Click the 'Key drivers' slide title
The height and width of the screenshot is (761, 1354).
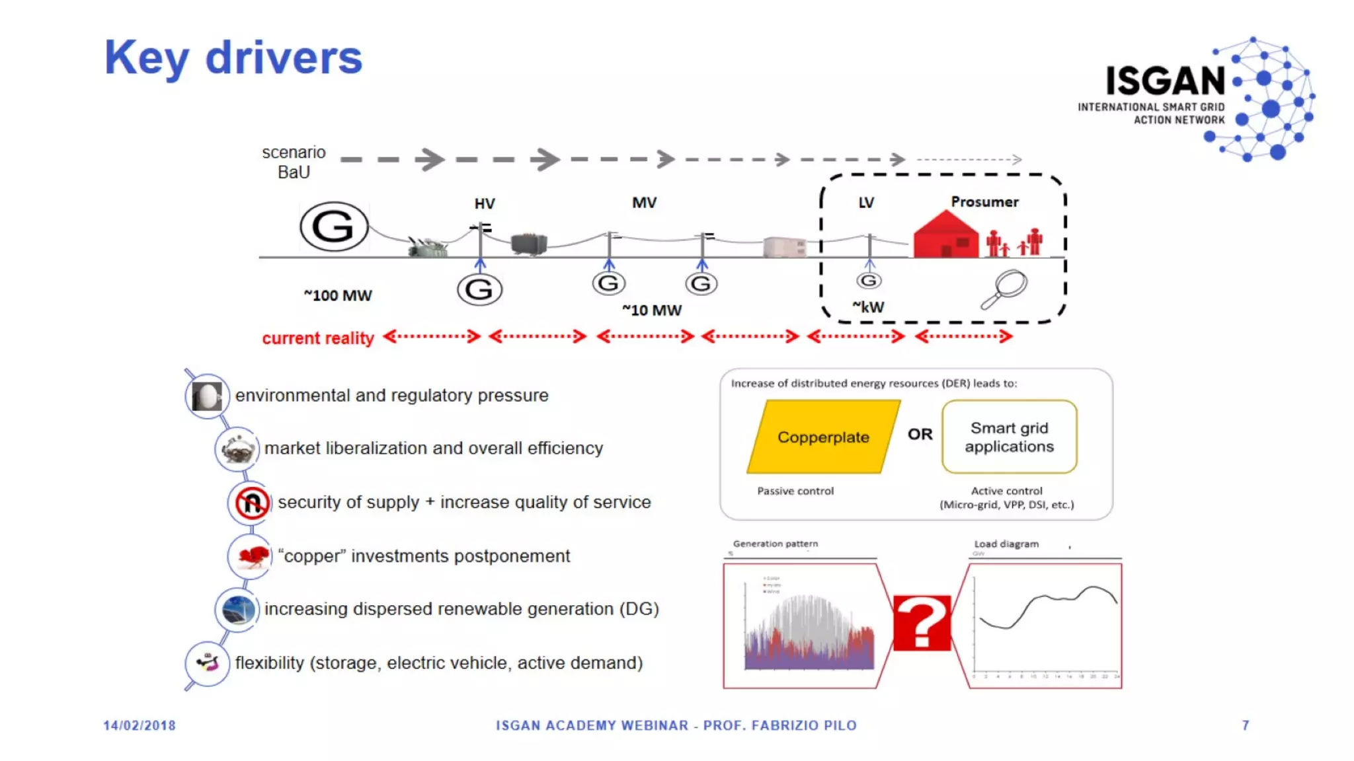coord(233,58)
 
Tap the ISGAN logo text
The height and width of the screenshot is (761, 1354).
coord(1165,81)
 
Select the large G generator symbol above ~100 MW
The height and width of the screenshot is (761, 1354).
coord(334,227)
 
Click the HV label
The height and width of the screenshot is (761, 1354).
coord(485,203)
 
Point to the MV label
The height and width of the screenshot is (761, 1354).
coord(644,203)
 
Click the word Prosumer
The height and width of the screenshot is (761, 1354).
coord(984,202)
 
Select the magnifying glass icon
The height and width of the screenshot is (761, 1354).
coord(1004,289)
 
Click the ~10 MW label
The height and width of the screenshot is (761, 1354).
coord(652,310)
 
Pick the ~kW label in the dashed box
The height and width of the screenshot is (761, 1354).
coord(868,307)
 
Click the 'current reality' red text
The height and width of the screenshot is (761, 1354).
coord(318,338)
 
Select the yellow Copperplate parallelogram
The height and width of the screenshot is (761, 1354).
coord(823,437)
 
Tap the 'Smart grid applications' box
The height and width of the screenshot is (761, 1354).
coord(1009,437)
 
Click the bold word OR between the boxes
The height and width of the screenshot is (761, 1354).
coord(920,434)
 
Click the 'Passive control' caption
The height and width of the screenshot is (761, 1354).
coord(795,491)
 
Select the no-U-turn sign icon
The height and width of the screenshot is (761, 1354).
coord(251,503)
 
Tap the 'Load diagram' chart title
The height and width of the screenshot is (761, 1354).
coord(1006,544)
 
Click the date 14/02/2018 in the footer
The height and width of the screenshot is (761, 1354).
coord(139,725)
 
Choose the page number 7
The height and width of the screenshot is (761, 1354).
coord(1246,725)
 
